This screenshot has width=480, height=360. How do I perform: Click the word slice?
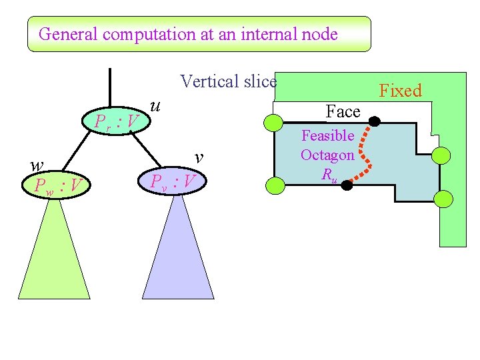(259, 82)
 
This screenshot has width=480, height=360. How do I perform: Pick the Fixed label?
(401, 91)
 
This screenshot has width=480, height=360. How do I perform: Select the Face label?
(343, 111)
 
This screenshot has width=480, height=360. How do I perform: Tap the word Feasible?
(327, 136)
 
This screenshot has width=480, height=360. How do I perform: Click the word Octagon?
(327, 155)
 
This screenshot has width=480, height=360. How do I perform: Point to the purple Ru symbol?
(328, 175)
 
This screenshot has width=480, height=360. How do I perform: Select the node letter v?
(198, 157)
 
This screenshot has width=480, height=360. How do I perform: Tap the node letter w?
(38, 165)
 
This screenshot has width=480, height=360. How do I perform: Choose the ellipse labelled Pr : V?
(116, 121)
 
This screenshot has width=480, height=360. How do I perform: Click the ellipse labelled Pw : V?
(58, 184)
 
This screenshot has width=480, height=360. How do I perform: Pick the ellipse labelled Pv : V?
(172, 181)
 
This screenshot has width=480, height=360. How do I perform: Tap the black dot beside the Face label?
(375, 122)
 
